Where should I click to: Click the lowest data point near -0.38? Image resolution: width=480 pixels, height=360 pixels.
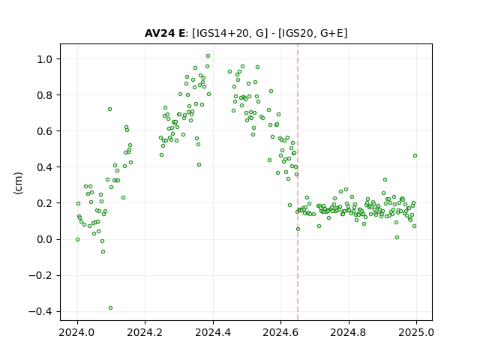point(110,308)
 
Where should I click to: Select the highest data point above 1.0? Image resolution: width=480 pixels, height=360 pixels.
point(208,56)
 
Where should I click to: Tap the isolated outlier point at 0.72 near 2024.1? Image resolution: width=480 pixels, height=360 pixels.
point(110,109)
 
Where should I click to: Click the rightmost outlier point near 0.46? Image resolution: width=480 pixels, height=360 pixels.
point(415,156)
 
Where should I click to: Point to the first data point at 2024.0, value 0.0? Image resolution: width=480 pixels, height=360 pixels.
point(78,240)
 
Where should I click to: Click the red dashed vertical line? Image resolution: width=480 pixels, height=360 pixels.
point(298,182)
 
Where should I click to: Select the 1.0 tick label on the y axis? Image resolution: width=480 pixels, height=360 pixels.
point(45,59)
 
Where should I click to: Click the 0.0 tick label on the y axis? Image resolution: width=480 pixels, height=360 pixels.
point(45,240)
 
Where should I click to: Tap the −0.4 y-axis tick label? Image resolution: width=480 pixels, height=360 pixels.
point(40,312)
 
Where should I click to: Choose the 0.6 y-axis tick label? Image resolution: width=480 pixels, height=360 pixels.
point(45,131)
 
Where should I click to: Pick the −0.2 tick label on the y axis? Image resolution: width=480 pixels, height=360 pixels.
point(40,275)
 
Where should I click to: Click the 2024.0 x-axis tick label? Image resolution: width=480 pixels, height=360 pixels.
point(76,332)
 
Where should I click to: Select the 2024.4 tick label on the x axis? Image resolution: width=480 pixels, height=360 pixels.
point(213,332)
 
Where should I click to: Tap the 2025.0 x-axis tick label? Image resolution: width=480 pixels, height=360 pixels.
point(416,332)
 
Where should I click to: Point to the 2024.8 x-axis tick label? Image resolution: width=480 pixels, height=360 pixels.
point(348,332)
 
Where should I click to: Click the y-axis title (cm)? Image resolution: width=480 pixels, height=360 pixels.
point(18,183)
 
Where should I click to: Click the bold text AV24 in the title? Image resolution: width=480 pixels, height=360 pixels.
point(160,33)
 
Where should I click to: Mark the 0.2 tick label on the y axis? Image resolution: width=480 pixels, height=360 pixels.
point(45,203)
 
